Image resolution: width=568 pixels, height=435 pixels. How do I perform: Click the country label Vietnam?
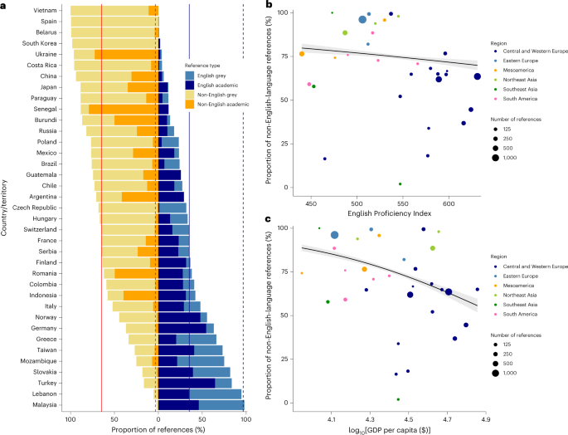click(x=45, y=9)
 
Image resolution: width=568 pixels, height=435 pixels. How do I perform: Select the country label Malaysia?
click(x=43, y=404)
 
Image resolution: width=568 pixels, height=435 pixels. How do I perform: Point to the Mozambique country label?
click(x=38, y=360)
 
